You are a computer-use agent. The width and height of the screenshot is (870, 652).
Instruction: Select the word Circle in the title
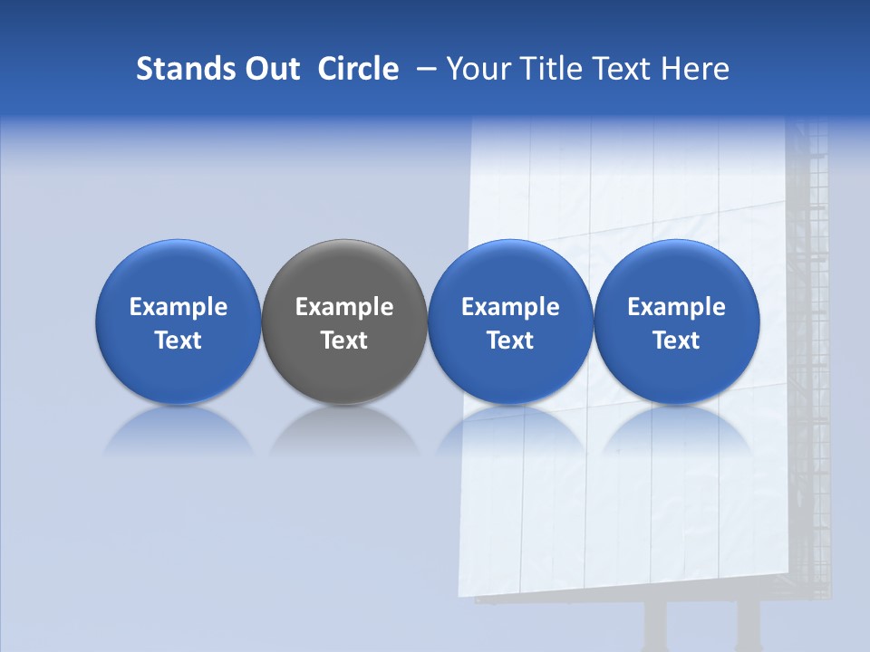[x=358, y=69]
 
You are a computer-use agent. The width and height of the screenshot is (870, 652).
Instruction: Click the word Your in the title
[x=476, y=69]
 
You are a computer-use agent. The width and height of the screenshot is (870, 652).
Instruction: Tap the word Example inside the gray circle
[x=344, y=307]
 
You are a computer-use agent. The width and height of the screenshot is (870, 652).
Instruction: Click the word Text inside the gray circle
[x=344, y=340]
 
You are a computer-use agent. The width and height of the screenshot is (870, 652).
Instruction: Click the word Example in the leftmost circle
[x=178, y=307]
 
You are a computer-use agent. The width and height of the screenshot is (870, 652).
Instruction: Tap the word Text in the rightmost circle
[x=677, y=340]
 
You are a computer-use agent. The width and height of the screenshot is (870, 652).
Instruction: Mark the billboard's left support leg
[x=654, y=627]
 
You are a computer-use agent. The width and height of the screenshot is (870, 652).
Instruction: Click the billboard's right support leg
[x=748, y=627]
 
